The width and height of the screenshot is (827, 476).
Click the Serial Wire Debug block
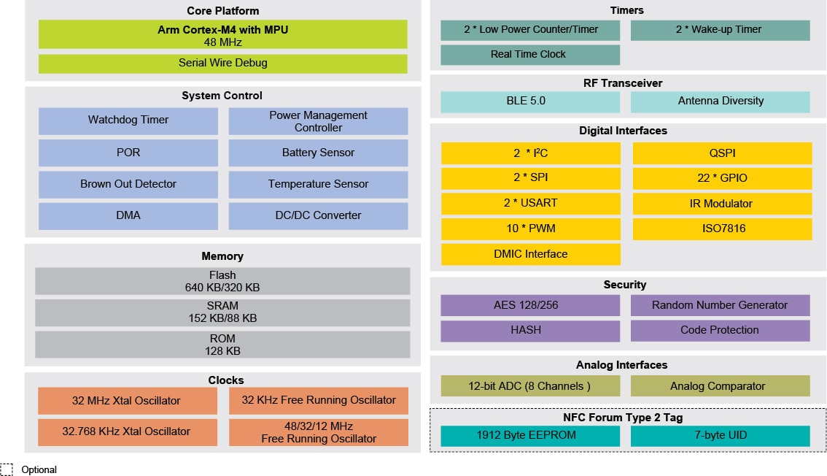click(222, 64)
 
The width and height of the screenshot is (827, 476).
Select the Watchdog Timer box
click(128, 120)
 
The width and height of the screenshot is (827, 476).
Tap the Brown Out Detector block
click(128, 184)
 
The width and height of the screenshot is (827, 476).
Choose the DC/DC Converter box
click(318, 215)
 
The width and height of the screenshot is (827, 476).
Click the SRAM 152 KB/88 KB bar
click(222, 312)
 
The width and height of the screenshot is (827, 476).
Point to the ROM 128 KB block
click(222, 345)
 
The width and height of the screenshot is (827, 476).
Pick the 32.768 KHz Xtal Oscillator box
click(126, 431)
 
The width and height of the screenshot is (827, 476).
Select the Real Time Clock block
click(529, 55)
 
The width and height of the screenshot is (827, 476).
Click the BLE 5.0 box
click(529, 101)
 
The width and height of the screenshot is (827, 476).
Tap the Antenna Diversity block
click(721, 101)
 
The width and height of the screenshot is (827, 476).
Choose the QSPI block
click(722, 153)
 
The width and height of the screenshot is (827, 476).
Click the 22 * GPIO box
click(722, 178)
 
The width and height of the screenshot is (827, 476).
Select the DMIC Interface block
click(530, 254)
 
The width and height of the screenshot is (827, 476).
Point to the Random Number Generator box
click(720, 305)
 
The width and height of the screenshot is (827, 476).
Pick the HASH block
click(529, 331)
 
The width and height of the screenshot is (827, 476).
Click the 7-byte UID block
click(720, 436)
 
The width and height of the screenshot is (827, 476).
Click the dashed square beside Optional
click(7, 469)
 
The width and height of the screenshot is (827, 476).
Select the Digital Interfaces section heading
click(623, 131)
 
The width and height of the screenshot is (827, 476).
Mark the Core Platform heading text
click(222, 11)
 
